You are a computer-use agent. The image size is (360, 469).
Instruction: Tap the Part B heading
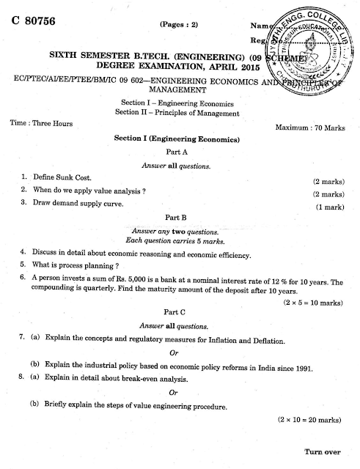[177, 217]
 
